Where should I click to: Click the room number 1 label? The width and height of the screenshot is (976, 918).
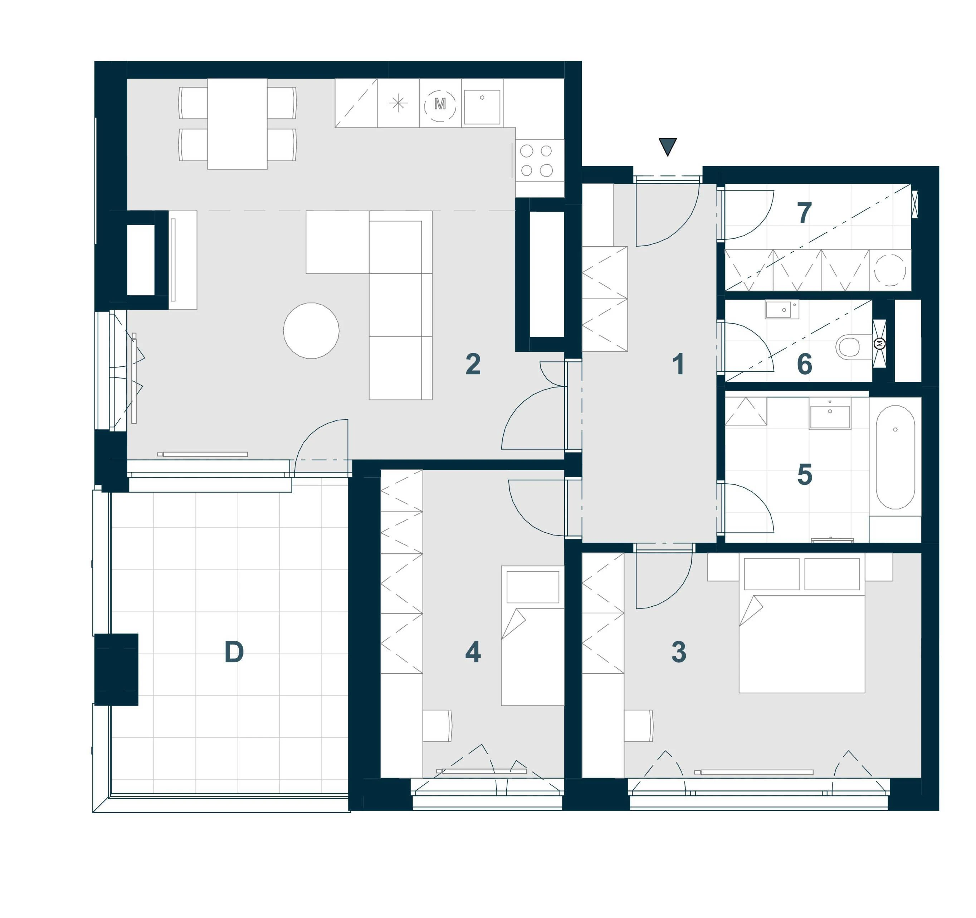(x=678, y=365)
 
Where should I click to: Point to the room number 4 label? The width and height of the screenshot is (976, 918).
(x=473, y=652)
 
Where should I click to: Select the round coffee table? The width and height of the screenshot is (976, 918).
(x=311, y=331)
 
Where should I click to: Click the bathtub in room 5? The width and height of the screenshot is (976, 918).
(x=896, y=457)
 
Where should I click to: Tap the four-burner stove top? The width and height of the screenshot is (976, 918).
(x=540, y=161)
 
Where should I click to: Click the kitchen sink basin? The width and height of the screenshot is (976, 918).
(x=482, y=107)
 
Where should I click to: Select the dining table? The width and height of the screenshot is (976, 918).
(x=237, y=124)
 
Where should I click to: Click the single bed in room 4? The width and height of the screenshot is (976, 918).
(x=533, y=636)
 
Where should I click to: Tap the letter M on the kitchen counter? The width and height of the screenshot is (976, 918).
(x=440, y=104)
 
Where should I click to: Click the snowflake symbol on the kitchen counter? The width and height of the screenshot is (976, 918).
(x=398, y=104)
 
